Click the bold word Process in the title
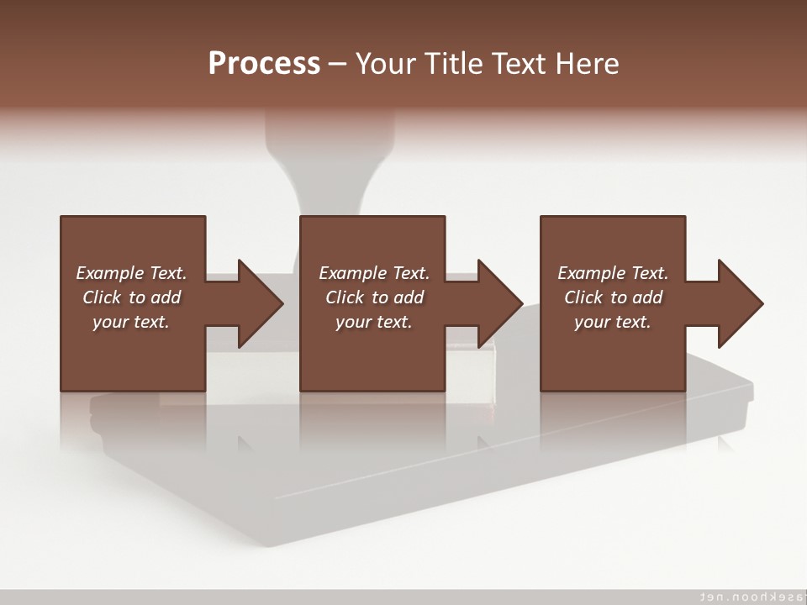point(264,64)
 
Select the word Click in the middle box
point(344,297)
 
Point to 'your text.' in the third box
point(612,322)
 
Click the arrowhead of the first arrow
point(260,303)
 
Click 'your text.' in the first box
point(130,322)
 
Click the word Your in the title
point(384,64)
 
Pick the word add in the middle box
point(408,297)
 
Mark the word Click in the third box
point(583,297)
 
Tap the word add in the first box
point(165,297)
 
